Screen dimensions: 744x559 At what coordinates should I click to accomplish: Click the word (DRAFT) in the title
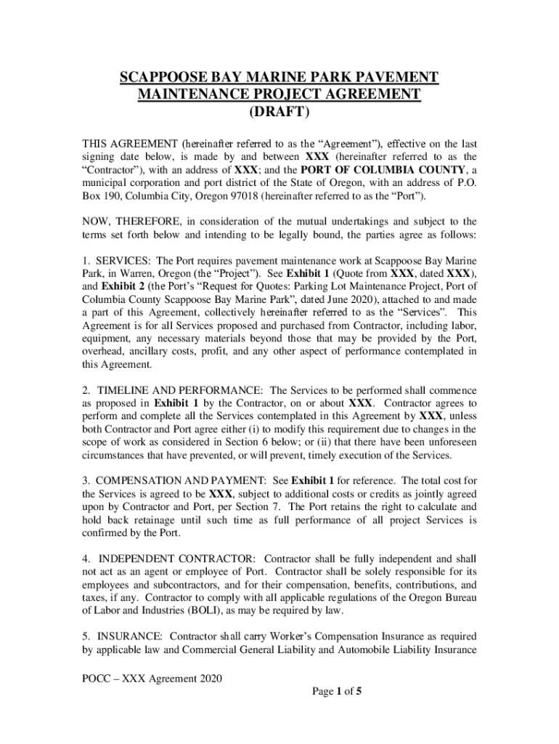pyautogui.click(x=279, y=113)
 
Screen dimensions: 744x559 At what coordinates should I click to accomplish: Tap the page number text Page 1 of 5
pyautogui.click(x=337, y=692)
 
